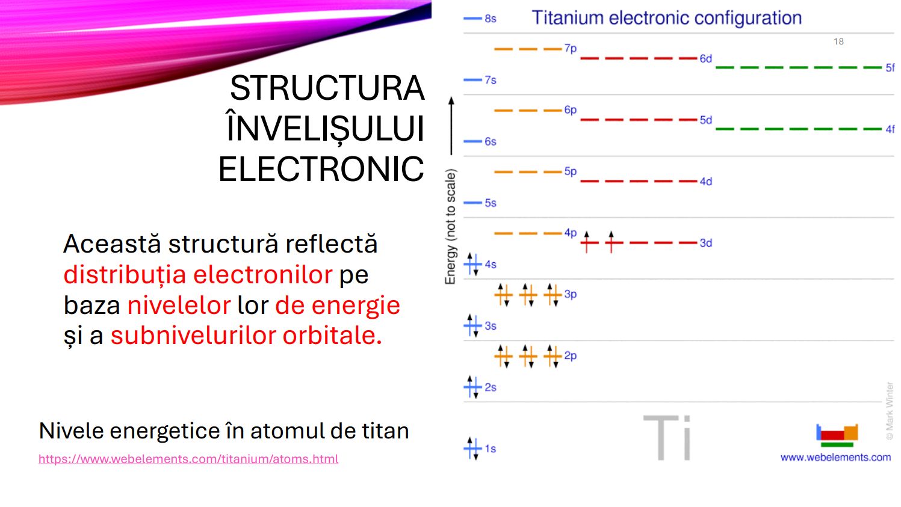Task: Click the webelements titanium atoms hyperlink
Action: [188, 459]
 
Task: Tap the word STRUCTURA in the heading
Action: [327, 88]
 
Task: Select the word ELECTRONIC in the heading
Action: [321, 169]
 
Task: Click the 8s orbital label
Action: [491, 19]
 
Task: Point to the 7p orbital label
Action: [571, 49]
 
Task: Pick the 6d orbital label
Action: [706, 59]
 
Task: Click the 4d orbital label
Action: [706, 182]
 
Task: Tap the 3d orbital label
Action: [706, 243]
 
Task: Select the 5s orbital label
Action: [491, 203]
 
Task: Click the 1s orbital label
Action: [491, 449]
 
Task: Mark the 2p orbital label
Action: [571, 356]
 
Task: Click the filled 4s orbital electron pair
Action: [472, 264]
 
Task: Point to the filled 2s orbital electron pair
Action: [472, 387]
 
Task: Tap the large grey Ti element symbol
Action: [667, 438]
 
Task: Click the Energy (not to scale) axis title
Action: [450, 227]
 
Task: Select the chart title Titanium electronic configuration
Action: [666, 18]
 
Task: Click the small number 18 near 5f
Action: [838, 41]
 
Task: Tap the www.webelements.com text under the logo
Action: [836, 458]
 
